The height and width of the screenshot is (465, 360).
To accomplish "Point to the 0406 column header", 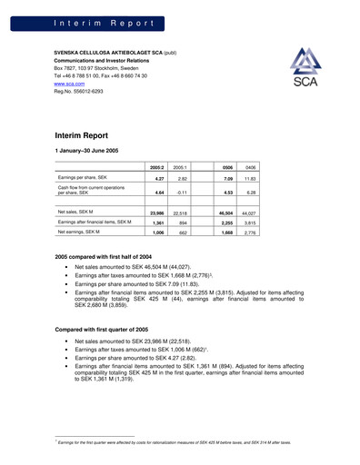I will pyautogui.click(x=250, y=168).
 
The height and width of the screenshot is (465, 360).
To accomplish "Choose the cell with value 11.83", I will pyautogui.click(x=249, y=180).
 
